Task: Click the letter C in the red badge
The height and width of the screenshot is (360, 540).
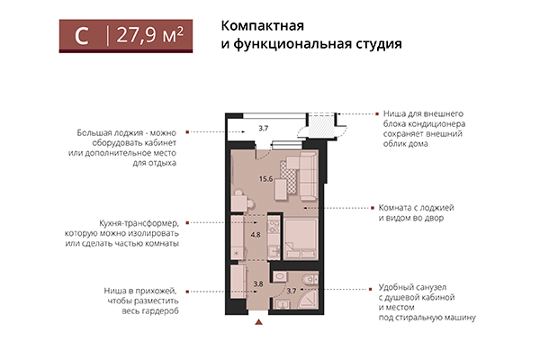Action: [x=81, y=36]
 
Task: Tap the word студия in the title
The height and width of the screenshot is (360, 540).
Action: [x=371, y=43]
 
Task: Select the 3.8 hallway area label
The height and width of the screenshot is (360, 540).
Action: [x=257, y=285]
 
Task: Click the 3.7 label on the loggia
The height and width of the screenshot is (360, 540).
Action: [x=263, y=129]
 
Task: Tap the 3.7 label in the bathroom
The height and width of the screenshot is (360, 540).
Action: [x=291, y=291]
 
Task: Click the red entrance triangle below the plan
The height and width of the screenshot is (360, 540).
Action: [x=258, y=316]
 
